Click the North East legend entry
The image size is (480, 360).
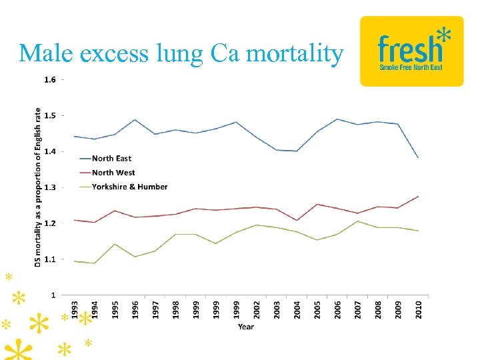click(111, 159)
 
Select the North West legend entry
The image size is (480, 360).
click(113, 173)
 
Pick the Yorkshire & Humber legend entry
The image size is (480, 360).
click(129, 187)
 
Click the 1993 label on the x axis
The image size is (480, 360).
click(75, 308)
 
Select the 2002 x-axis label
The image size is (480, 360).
click(257, 308)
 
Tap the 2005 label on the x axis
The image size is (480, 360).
click(317, 308)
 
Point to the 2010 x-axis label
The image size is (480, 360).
click(419, 308)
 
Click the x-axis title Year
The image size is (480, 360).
click(246, 327)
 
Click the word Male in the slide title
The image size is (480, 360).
click(49, 53)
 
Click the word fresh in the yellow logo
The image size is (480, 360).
click(408, 49)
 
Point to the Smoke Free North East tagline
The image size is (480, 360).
click(411, 67)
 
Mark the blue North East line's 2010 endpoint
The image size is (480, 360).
click(419, 158)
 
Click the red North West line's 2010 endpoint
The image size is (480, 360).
click(419, 196)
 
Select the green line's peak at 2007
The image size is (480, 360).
click(358, 221)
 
